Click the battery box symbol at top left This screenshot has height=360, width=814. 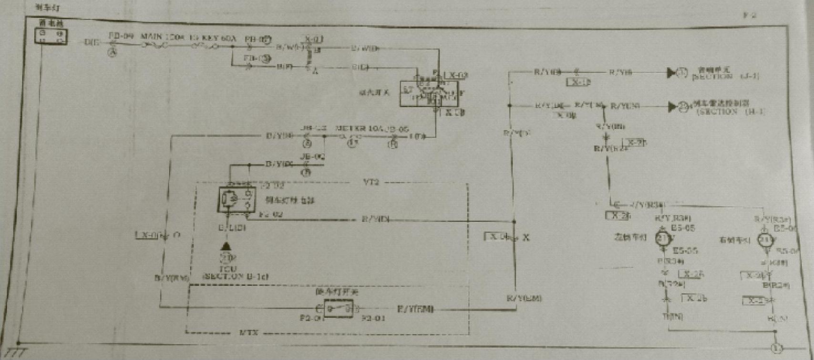pyautogui.click(x=51, y=36)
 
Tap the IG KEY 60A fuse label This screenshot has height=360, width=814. pyautogui.click(x=213, y=37)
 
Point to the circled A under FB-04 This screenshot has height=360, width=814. pyautogui.click(x=113, y=53)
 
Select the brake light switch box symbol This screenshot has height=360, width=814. pyautogui.click(x=338, y=309)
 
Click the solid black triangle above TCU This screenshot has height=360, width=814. pyautogui.click(x=226, y=247)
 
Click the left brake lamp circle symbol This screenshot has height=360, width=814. pyautogui.click(x=662, y=238)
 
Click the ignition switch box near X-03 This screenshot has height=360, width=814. pyautogui.click(x=429, y=93)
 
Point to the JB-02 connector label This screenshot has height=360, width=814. pyautogui.click(x=313, y=156)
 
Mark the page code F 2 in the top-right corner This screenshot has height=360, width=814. pyautogui.click(x=750, y=15)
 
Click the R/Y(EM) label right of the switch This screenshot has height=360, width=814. pyautogui.click(x=415, y=309)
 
